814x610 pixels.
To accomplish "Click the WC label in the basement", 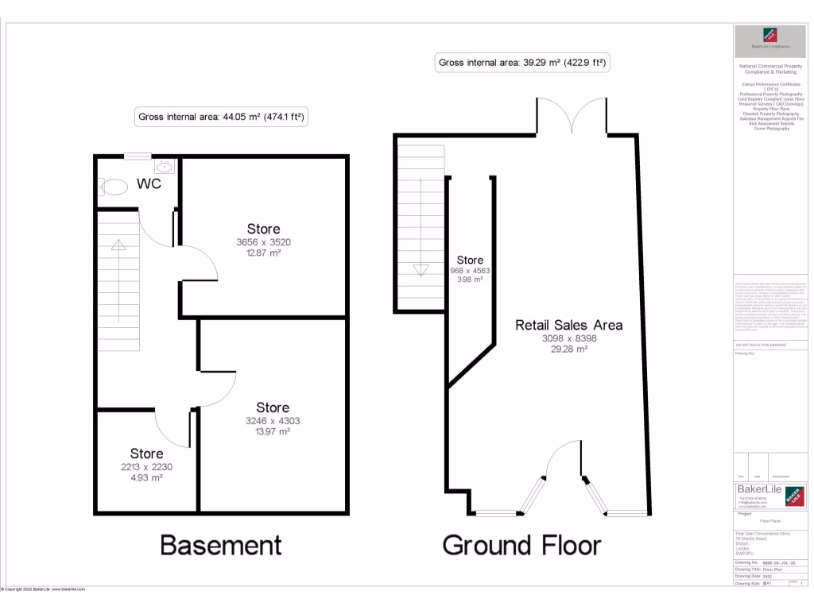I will pyautogui.click(x=149, y=184).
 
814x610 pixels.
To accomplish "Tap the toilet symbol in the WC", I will pyautogui.click(x=114, y=187).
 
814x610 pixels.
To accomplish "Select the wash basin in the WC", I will pyautogui.click(x=165, y=167).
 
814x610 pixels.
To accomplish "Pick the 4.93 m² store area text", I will pyautogui.click(x=146, y=478).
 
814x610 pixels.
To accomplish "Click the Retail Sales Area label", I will pyautogui.click(x=568, y=325).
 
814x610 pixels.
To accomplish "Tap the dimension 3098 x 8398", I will pyautogui.click(x=569, y=338).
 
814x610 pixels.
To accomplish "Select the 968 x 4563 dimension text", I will pyautogui.click(x=469, y=270).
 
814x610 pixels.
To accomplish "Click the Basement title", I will pyautogui.click(x=220, y=545).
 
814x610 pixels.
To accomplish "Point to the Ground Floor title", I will pyautogui.click(x=521, y=545).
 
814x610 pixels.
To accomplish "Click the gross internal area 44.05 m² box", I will pyautogui.click(x=221, y=117).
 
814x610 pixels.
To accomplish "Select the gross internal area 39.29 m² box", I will pyautogui.click(x=523, y=63).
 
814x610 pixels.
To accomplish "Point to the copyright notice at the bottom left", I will pyautogui.click(x=43, y=589).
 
